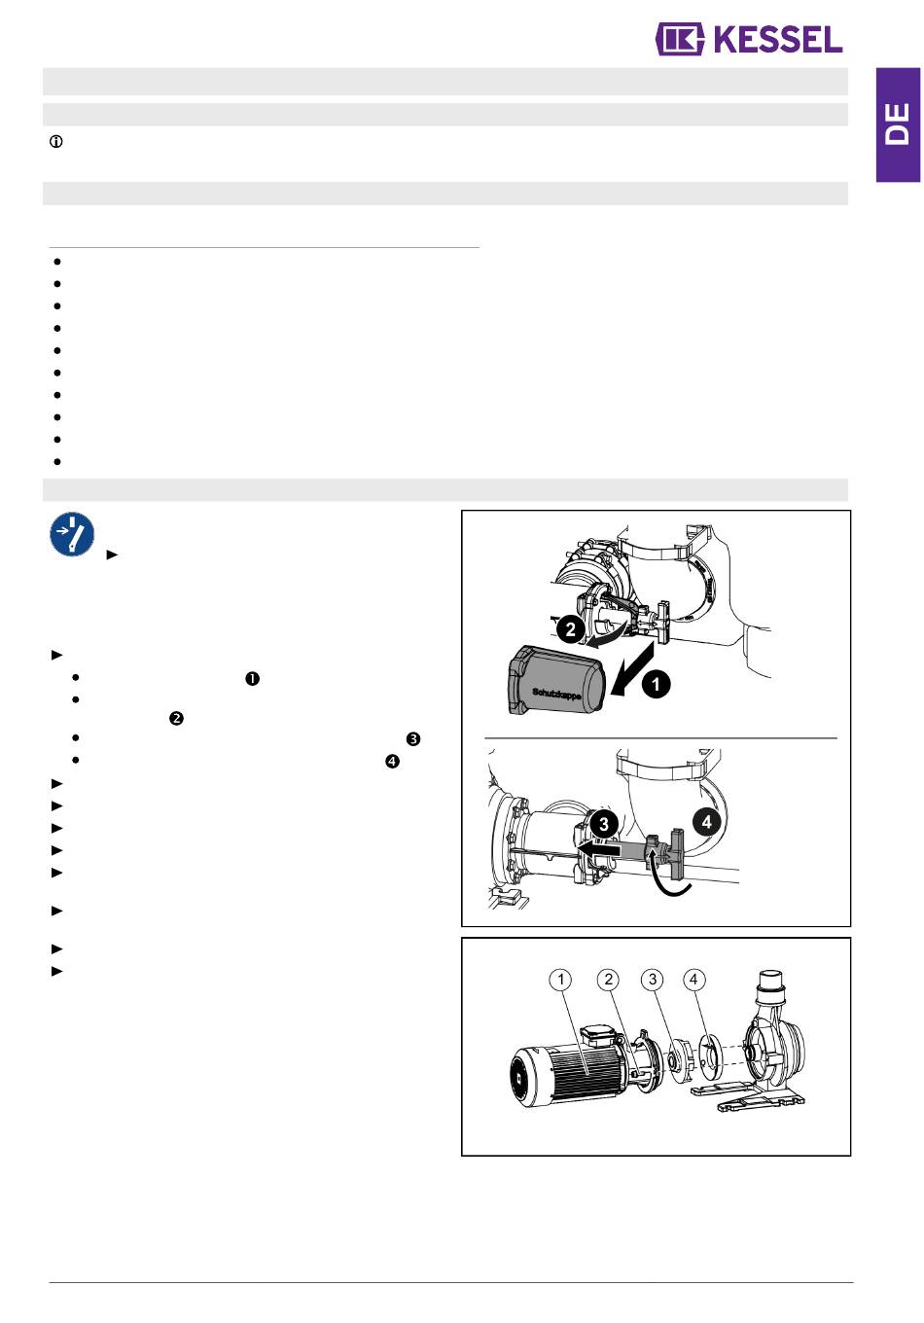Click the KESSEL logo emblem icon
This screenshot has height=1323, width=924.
pos(680,40)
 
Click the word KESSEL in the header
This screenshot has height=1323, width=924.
pos(777,40)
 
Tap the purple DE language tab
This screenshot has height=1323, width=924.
pos(898,125)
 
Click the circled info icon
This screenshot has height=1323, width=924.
pos(56,142)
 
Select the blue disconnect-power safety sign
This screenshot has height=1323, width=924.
pos(72,534)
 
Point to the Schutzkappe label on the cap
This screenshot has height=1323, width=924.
pos(556,693)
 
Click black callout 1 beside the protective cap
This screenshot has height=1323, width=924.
pos(656,684)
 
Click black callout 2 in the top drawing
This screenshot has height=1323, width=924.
pos(570,629)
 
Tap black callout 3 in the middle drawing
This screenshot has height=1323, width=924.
pos(603,824)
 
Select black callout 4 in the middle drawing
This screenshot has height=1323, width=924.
pos(706,822)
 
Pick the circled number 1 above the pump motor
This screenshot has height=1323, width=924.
pos(560,980)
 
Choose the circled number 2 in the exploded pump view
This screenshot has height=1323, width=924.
pos(608,980)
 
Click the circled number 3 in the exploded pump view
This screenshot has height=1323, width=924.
pos(653,980)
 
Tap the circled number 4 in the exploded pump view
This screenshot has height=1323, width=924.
pos(693,980)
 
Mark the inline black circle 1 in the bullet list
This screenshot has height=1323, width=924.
pos(252,679)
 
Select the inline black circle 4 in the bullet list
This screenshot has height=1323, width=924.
pos(392,762)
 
